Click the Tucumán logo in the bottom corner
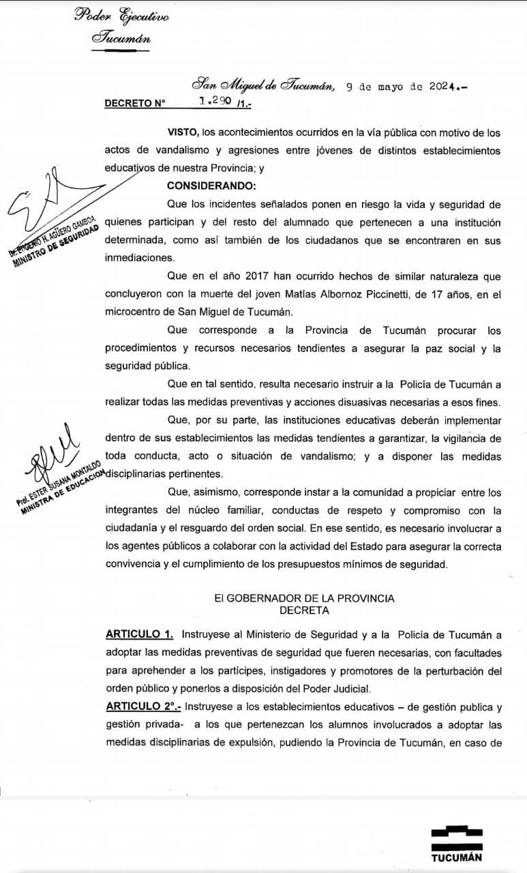456,843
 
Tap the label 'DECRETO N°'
135,104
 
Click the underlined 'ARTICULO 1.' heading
139,634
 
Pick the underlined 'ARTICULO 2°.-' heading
142,706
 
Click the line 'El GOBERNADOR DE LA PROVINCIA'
304,598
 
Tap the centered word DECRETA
304,610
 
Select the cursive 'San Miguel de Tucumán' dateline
263,86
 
